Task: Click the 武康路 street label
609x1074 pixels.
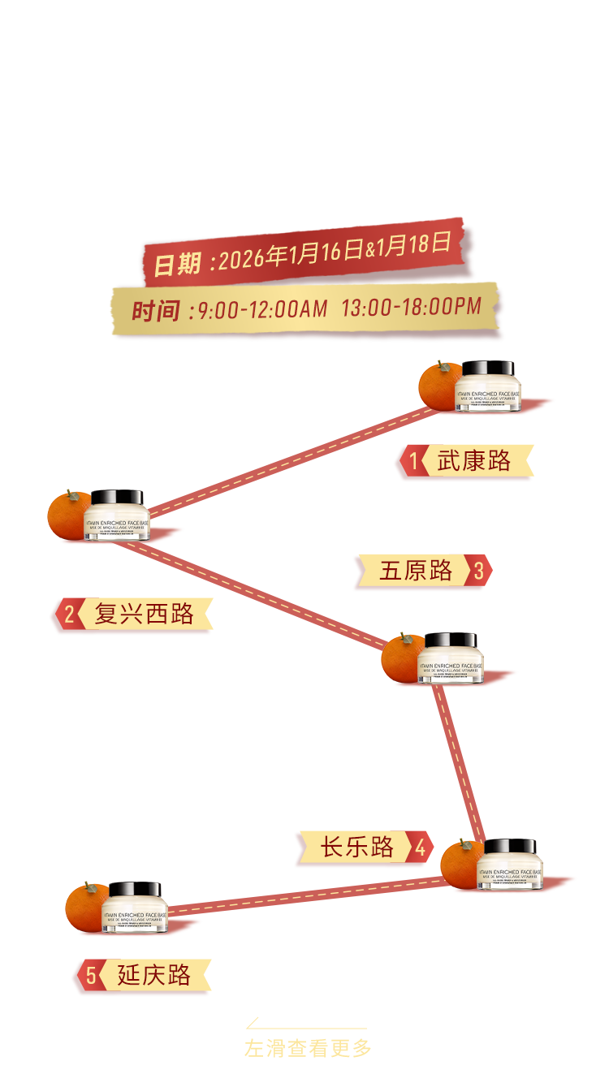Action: (474, 461)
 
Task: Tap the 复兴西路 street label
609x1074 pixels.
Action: (145, 615)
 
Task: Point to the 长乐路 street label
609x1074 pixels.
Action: (357, 848)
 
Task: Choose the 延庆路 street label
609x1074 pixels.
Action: (153, 975)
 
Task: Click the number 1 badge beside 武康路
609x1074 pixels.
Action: (413, 462)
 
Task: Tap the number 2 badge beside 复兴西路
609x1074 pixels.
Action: (69, 615)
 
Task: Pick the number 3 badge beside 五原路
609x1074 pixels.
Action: (479, 571)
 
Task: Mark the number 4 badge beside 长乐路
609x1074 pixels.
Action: (420, 848)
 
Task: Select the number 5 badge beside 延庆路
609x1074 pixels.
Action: (91, 975)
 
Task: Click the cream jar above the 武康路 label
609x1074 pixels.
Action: (487, 388)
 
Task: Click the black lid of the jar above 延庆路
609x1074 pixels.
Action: (136, 890)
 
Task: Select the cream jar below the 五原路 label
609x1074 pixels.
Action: (451, 659)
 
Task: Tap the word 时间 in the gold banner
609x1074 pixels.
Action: (156, 311)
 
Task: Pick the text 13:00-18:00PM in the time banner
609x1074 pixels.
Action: (411, 308)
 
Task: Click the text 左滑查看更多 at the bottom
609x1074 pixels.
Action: (308, 1048)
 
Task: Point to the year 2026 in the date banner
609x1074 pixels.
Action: (243, 259)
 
